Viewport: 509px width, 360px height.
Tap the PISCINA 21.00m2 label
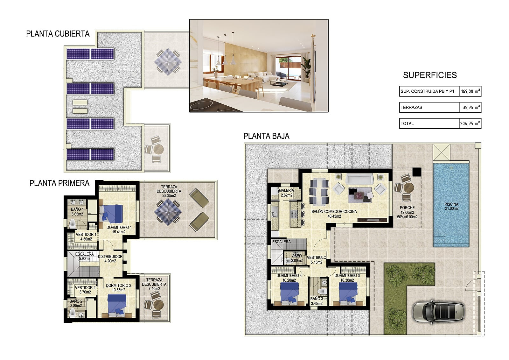pyautogui.click(x=451, y=206)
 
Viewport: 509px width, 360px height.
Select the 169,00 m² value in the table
pyautogui.click(x=471, y=91)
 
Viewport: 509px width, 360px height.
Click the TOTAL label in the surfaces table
pyautogui.click(x=407, y=124)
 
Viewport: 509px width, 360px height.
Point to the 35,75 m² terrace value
pyautogui.click(x=471, y=107)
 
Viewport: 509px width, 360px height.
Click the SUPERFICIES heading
pyautogui.click(x=430, y=75)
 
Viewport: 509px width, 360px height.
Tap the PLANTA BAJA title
pyautogui.click(x=266, y=136)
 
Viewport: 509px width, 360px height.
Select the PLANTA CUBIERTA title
pyautogui.click(x=58, y=34)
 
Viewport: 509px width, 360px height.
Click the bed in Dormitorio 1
pyautogui.click(x=111, y=214)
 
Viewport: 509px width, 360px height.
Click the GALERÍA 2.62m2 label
pyautogui.click(x=286, y=193)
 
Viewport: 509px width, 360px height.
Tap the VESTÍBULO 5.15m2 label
pyautogui.click(x=317, y=260)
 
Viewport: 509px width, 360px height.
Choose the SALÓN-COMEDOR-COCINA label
pyautogui.click(x=334, y=211)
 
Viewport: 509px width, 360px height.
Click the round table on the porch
pyautogui.click(x=408, y=187)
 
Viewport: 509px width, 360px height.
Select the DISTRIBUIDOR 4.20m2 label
pyautogui.click(x=110, y=258)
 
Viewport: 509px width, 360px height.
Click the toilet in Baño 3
pyautogui.click(x=322, y=292)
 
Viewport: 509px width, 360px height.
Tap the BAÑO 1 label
pyautogui.click(x=77, y=209)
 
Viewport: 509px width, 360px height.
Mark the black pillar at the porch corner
pyautogui.click(x=417, y=172)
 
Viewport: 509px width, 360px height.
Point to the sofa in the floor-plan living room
pyautogui.click(x=359, y=179)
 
